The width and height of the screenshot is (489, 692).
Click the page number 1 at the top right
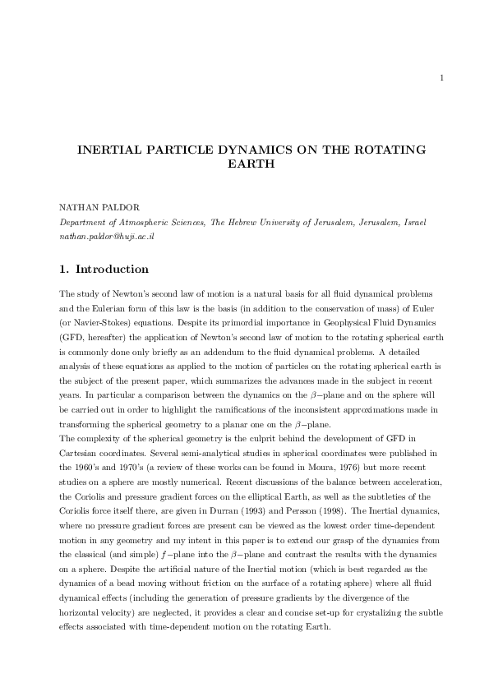[441, 79]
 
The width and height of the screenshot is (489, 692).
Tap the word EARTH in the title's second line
[244, 164]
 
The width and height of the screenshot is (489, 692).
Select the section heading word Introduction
[112, 269]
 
